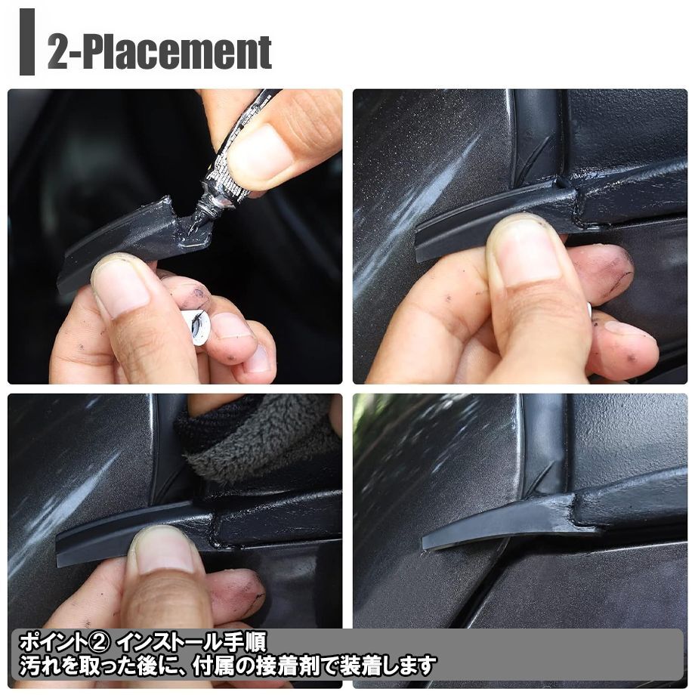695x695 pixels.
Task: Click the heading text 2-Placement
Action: pyautogui.click(x=159, y=52)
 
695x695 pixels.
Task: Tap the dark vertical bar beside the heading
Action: pyautogui.click(x=27, y=42)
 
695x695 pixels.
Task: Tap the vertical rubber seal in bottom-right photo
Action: pyautogui.click(x=545, y=443)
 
